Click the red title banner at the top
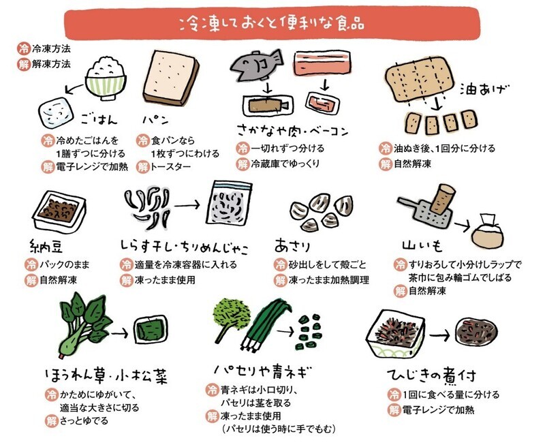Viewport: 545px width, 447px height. pyautogui.click(x=272, y=24)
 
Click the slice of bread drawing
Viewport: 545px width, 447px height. pyautogui.click(x=171, y=77)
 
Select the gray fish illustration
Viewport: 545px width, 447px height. pyautogui.click(x=257, y=65)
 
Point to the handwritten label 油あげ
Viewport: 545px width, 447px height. pyautogui.click(x=484, y=90)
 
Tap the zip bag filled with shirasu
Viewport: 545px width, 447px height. pyautogui.click(x=229, y=203)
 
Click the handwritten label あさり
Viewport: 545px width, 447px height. pyautogui.click(x=293, y=246)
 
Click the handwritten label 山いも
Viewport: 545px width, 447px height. pyautogui.click(x=422, y=246)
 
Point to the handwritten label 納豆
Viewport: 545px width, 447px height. pyautogui.click(x=46, y=246)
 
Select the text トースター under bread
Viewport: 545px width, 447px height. pyautogui.click(x=170, y=167)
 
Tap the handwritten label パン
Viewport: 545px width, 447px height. pyautogui.click(x=155, y=119)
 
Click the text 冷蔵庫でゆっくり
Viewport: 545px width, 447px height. pyautogui.click(x=285, y=164)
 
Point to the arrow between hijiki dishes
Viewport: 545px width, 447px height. pyautogui.click(x=439, y=336)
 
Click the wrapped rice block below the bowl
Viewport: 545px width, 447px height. pyautogui.click(x=57, y=113)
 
